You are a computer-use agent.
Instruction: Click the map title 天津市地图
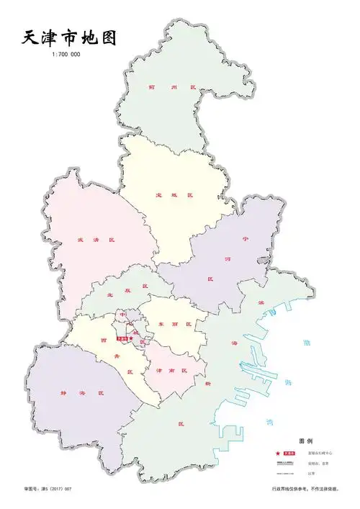(68, 37)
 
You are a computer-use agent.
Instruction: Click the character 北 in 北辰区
(110, 293)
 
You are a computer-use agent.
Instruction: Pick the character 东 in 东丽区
(161, 325)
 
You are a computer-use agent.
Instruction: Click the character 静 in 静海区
(64, 393)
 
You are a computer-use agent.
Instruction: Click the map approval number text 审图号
(32, 489)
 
